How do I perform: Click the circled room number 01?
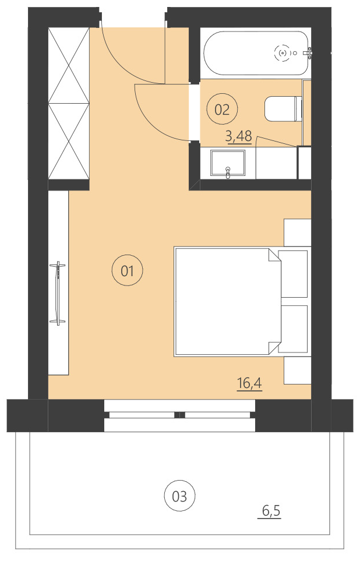(x=127, y=270)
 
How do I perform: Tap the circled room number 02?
(x=223, y=109)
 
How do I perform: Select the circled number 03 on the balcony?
(x=179, y=496)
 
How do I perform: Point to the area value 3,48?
(x=238, y=137)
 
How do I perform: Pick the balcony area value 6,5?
(x=271, y=511)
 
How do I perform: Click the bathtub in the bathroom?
(x=245, y=53)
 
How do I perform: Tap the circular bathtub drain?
(x=283, y=53)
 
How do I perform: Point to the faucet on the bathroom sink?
(x=228, y=172)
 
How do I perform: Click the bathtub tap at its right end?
(x=309, y=53)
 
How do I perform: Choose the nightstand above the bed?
(x=297, y=232)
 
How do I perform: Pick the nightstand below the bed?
(x=297, y=370)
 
